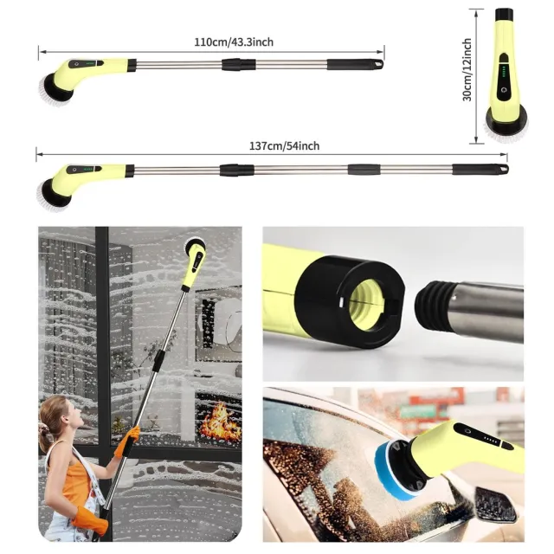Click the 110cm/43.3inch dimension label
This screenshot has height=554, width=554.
234,42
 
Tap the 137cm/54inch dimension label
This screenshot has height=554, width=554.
285,146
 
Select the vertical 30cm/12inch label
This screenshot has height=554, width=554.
467,69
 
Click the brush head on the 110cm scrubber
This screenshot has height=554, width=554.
55,90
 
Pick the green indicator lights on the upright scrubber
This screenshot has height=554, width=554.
504,73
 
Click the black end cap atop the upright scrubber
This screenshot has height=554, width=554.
504,15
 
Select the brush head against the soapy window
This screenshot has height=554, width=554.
193,244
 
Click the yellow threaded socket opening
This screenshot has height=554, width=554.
366,303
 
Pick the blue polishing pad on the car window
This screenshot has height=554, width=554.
395,472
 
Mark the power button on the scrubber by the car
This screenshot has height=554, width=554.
467,432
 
